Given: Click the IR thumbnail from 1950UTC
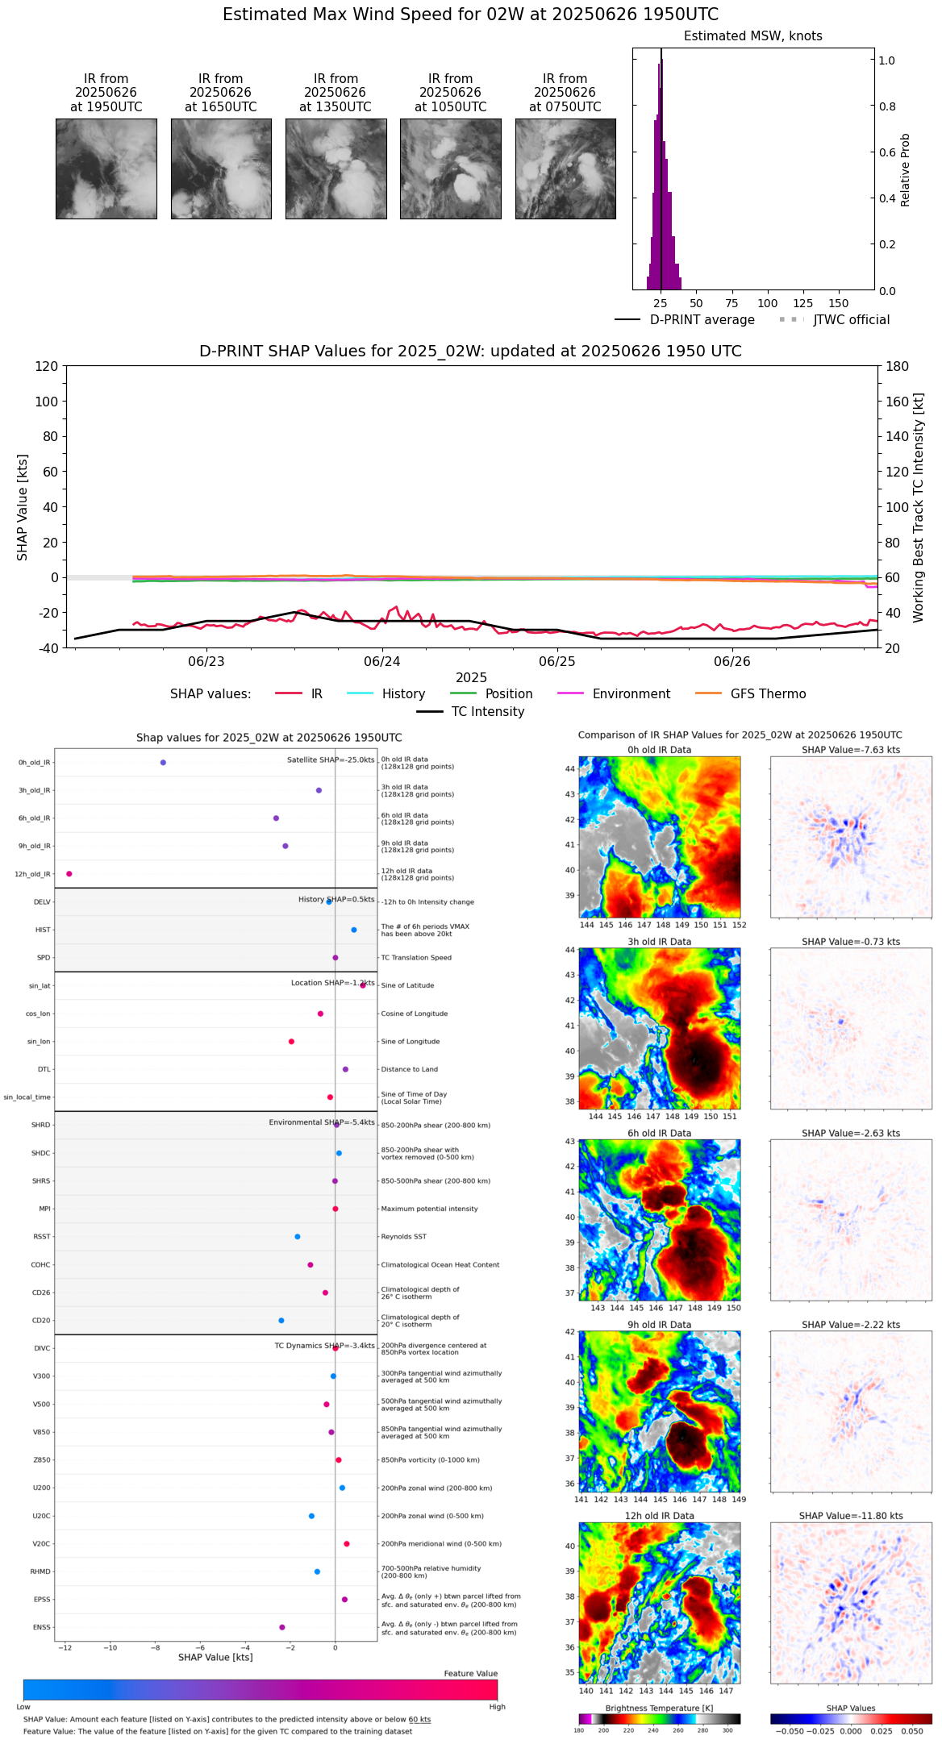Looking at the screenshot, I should (106, 169).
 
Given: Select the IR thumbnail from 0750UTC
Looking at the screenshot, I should (565, 169).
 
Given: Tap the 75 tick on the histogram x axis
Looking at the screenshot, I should (732, 304).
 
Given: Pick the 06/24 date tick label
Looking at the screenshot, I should (381, 662).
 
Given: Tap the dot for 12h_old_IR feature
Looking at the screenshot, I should (69, 874).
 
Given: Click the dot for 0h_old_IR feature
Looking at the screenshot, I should (163, 763).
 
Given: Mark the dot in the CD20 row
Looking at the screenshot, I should (281, 1321).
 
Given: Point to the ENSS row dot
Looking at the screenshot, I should (282, 1627).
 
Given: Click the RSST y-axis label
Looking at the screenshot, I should (41, 1237).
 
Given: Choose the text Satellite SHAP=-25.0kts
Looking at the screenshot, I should (331, 760).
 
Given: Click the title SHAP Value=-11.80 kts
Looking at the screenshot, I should (851, 1516).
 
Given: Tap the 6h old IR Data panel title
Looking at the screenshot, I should (659, 1133).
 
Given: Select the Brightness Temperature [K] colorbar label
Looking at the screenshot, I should (659, 1709).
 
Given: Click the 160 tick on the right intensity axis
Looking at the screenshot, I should (898, 402).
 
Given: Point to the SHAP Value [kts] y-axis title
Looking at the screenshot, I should (23, 507).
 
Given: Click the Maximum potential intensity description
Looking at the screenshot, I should (429, 1209).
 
